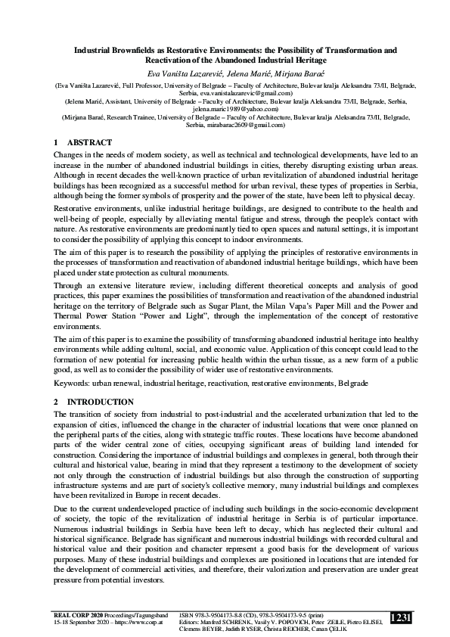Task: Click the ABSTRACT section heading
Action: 90,142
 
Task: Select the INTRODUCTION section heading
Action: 101,402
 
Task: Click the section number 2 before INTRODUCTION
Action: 57,402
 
